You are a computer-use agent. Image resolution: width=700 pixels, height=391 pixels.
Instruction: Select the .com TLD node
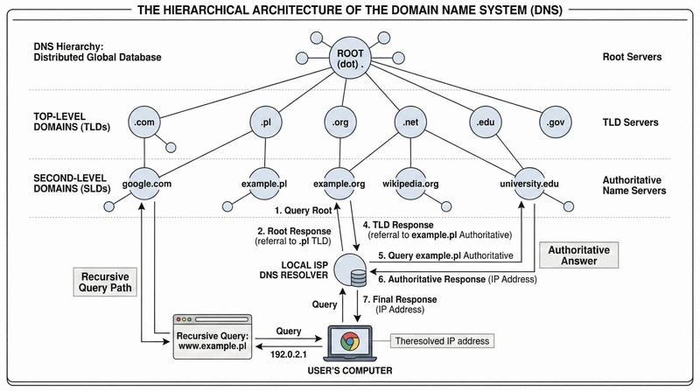(x=145, y=123)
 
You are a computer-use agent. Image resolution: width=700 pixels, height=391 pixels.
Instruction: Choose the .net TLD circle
(x=409, y=123)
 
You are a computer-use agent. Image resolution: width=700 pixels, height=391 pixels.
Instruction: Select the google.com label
(x=145, y=185)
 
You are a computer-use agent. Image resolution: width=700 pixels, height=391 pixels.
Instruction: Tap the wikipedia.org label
(x=409, y=185)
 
